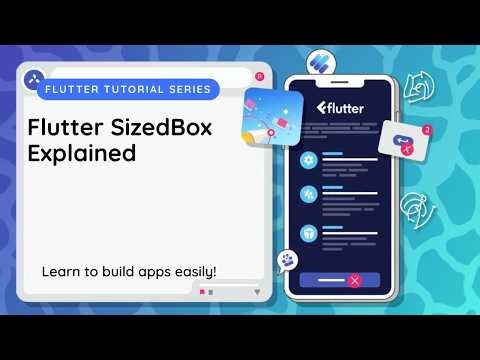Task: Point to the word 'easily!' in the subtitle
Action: click(x=194, y=271)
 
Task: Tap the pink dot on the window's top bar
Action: click(x=259, y=76)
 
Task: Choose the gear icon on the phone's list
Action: click(x=309, y=160)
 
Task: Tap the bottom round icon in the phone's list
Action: click(x=309, y=230)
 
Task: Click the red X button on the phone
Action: click(x=353, y=281)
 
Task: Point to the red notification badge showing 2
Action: click(x=427, y=130)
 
